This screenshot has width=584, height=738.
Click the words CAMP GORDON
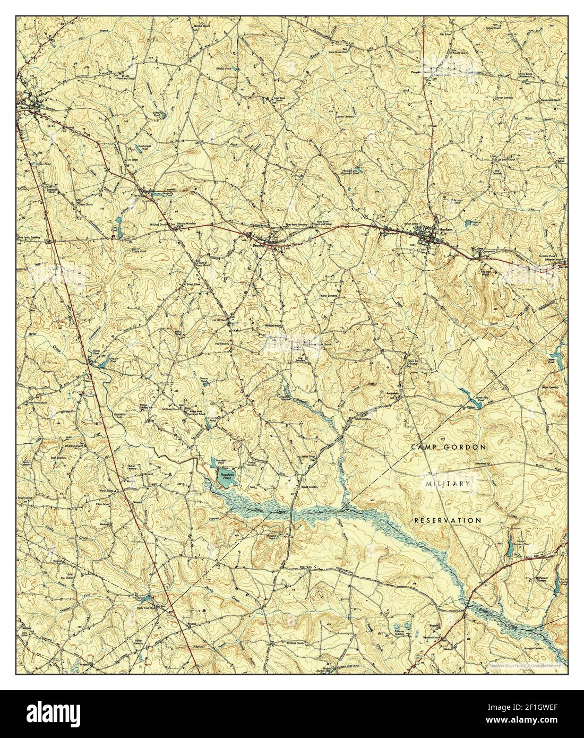tap(449, 448)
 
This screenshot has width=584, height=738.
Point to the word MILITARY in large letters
tap(448, 484)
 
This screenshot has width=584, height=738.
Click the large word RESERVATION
tap(448, 520)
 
